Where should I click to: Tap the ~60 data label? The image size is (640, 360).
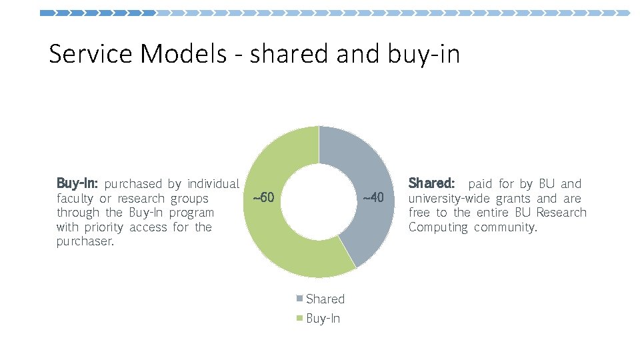(263, 198)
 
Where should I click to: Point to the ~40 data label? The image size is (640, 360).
(373, 198)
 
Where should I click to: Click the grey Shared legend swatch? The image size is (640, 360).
(301, 299)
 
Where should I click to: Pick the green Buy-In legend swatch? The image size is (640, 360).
(301, 319)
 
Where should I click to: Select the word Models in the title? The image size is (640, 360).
(183, 54)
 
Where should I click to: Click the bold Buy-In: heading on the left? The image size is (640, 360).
(78, 183)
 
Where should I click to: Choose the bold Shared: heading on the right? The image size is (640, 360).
(432, 183)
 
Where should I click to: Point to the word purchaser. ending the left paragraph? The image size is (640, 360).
(85, 242)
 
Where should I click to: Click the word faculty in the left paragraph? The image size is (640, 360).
(75, 199)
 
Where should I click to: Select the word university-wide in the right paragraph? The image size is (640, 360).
(449, 199)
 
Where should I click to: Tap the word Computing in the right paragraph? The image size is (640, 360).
(438, 227)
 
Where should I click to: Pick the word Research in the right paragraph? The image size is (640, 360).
(561, 213)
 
